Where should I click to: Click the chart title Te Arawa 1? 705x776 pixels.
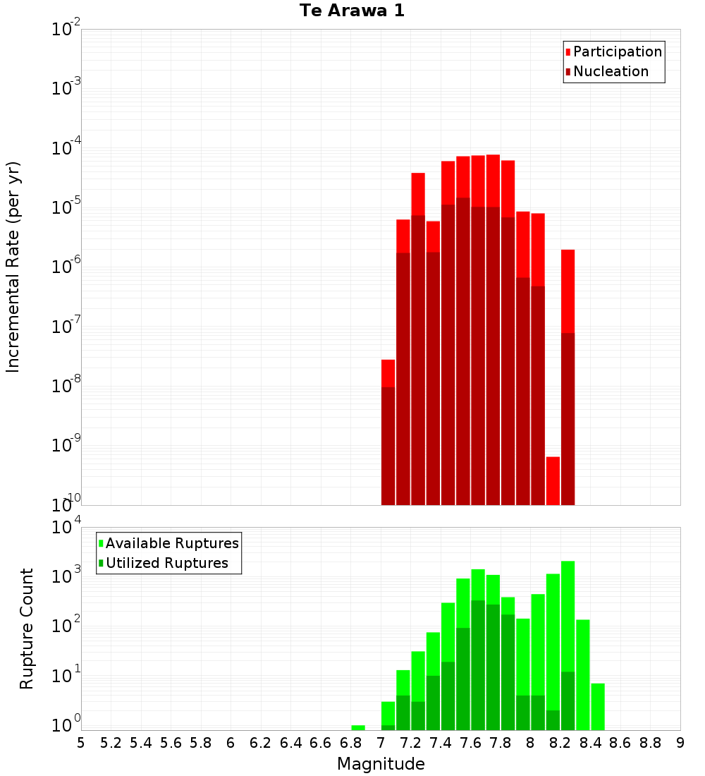pos(352,11)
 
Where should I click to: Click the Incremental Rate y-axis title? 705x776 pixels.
pos(13,267)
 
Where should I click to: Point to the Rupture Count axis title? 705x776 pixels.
pos(27,629)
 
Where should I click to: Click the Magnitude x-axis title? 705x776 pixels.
pos(381,764)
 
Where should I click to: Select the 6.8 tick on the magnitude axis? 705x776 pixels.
pos(350,743)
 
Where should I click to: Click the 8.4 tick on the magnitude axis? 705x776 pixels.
pos(590,743)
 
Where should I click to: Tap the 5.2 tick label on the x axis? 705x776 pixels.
pos(111,743)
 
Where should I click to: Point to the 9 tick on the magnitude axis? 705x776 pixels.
pos(680,743)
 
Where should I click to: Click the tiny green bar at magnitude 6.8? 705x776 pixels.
pos(358,727)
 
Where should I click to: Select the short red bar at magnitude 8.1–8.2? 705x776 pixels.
pos(553,480)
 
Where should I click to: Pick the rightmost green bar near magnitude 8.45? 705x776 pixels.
pos(598,706)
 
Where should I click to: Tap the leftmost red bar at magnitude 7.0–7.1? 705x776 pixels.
pos(388,373)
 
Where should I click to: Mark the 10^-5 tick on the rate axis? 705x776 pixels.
pos(66,207)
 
